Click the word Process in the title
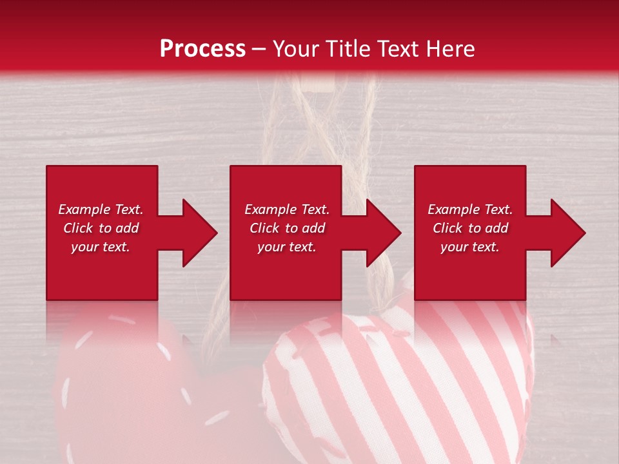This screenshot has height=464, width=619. (x=202, y=49)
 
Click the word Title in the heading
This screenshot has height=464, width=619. (x=348, y=49)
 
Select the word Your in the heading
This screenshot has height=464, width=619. (x=297, y=49)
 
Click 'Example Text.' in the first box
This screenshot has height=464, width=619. (x=101, y=209)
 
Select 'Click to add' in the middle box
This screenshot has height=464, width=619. (x=287, y=228)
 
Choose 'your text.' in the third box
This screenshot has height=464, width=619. (x=470, y=247)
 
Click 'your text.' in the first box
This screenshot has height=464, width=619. (x=101, y=247)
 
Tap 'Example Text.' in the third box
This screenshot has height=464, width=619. (x=470, y=209)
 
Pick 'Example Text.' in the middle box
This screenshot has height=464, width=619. (x=287, y=209)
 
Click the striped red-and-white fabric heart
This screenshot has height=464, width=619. (x=400, y=380)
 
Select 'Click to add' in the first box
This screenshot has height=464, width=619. (x=101, y=228)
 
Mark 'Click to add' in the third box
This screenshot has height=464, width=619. (x=470, y=228)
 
